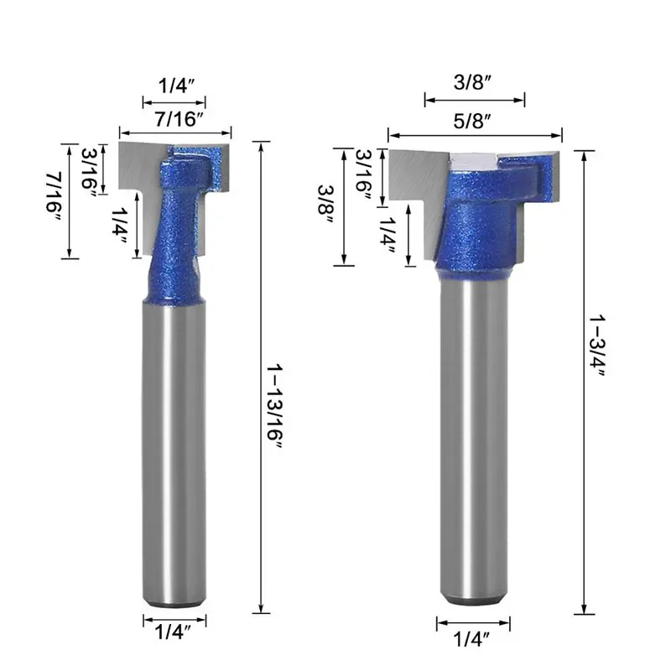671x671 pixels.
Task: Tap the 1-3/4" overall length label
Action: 597,346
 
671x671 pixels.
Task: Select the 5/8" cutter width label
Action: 471,121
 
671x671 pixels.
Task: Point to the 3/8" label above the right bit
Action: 472,81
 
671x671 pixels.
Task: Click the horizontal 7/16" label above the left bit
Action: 179,118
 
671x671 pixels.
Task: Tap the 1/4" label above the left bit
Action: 176,86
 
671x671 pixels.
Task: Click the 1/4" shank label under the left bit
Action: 173,632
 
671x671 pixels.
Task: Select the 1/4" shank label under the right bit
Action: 471,639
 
